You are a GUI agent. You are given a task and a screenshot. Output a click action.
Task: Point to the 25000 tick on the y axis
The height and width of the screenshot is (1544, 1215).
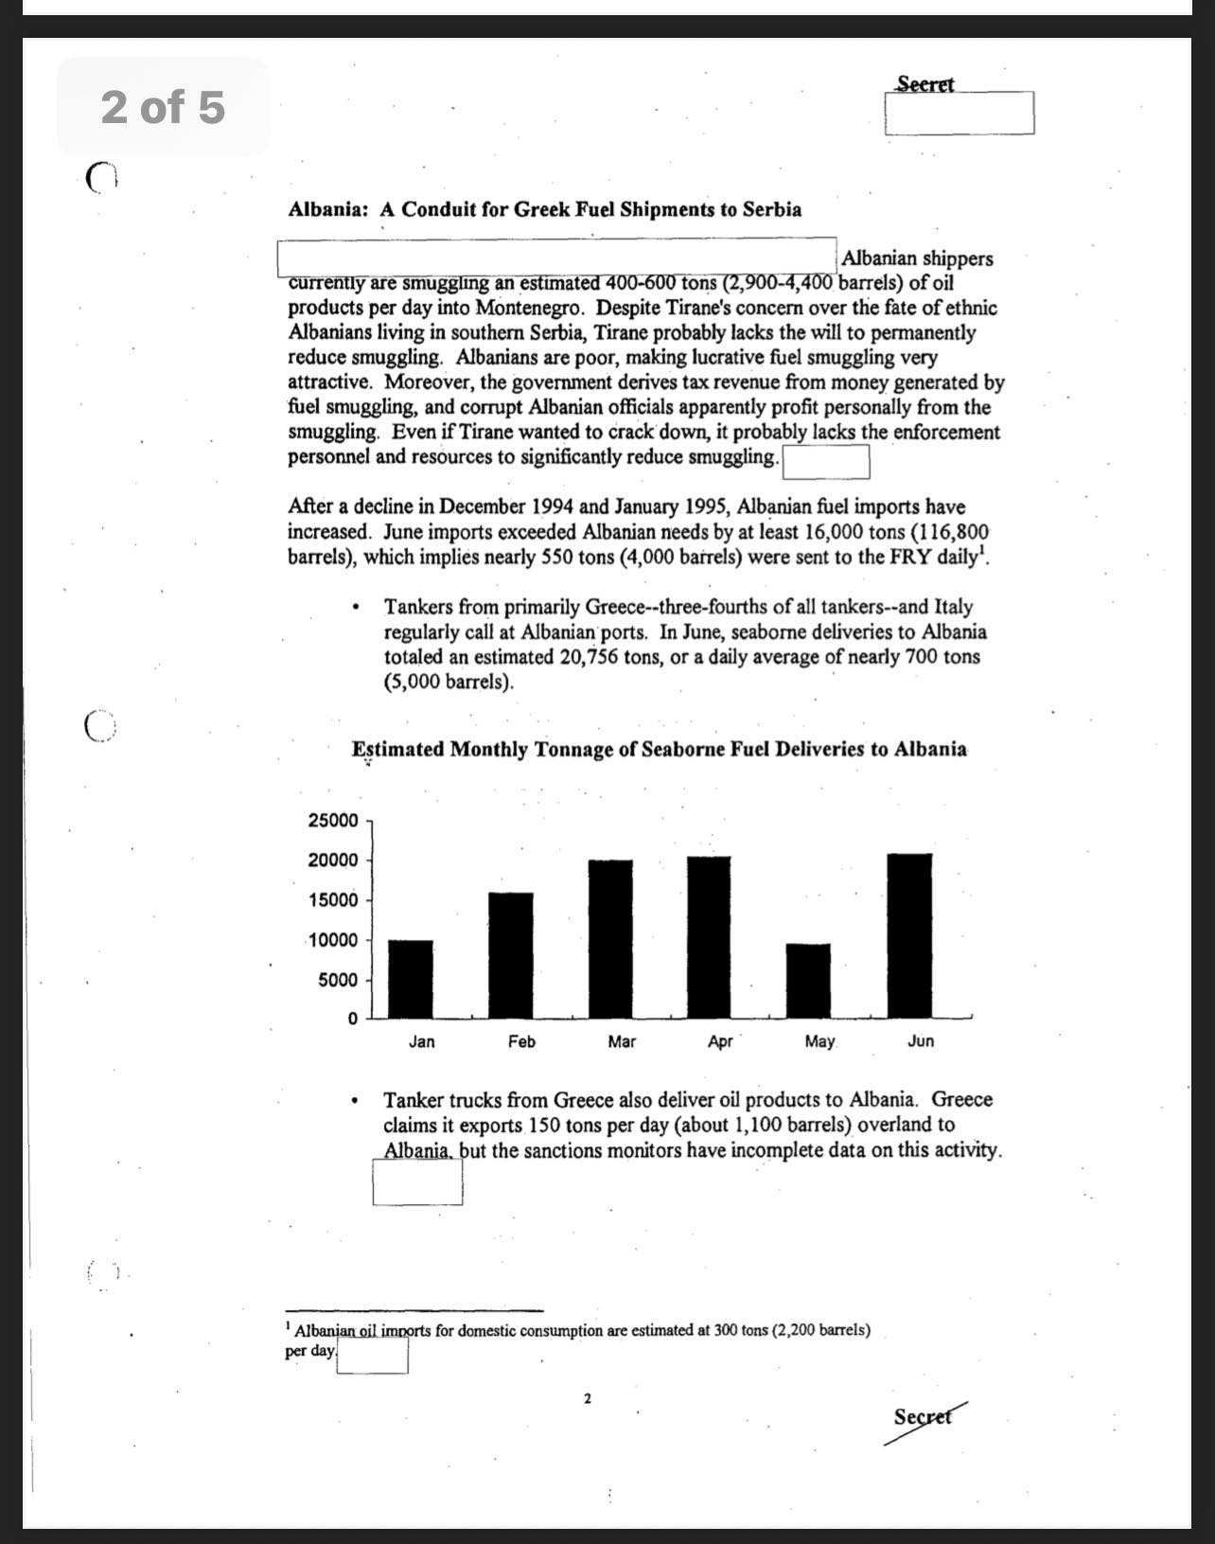tap(333, 820)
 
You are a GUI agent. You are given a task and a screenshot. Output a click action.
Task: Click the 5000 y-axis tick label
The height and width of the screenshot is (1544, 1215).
tap(338, 980)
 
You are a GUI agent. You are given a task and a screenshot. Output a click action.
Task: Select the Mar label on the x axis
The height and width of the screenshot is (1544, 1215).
tap(622, 1041)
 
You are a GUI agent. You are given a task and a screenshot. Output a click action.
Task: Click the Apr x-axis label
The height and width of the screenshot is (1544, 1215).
tap(720, 1041)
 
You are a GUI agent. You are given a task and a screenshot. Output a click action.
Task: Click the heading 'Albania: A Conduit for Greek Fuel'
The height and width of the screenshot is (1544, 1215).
tap(544, 209)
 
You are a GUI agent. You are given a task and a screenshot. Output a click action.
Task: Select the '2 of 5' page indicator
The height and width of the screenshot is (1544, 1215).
tap(163, 106)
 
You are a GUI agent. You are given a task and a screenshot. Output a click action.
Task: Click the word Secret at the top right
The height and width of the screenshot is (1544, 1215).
tap(925, 84)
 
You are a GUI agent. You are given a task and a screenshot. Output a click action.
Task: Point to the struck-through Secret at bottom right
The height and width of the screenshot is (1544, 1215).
tap(923, 1417)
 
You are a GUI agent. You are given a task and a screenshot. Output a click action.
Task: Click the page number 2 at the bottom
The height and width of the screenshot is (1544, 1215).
tap(588, 1398)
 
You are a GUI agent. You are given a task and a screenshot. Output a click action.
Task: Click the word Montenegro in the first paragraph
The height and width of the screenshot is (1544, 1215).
tap(530, 308)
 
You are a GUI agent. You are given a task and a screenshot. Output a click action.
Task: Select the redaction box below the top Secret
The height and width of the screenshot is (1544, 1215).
tap(960, 114)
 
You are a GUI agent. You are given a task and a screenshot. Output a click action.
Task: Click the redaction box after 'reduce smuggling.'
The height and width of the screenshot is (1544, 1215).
tap(826, 463)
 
